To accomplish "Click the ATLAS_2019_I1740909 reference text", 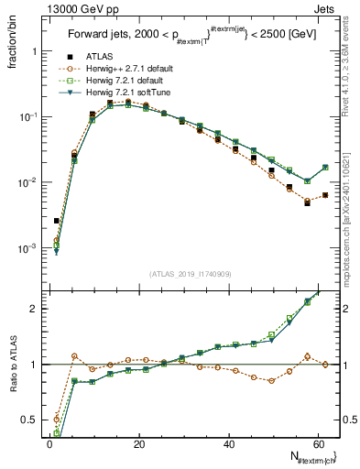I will pos(191,274).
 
